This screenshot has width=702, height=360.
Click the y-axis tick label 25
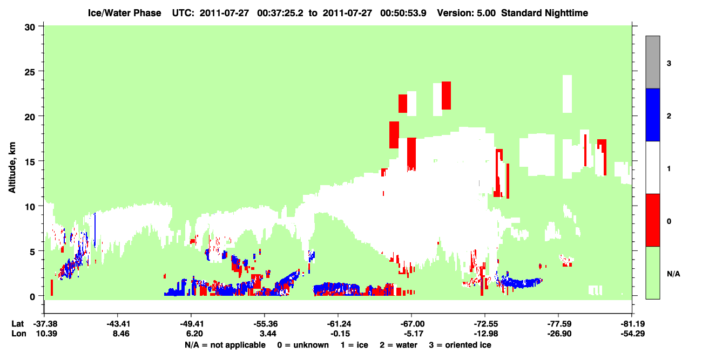coord(30,72)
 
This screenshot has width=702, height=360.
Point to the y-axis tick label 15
coord(30,162)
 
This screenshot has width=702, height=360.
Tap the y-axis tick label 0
coord(32,297)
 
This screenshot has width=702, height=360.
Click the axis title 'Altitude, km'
coord(12,167)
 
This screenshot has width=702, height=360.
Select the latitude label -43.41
coord(118,324)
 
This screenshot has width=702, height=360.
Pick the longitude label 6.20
coord(194,334)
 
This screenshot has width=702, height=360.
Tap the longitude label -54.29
coord(633,334)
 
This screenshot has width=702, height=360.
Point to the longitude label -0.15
coord(340,334)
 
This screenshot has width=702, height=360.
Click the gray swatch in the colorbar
coord(653,63)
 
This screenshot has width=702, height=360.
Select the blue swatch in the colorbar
coord(653,115)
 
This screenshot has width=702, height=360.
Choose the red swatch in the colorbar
coord(653,220)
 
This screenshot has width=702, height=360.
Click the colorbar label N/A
coord(673,274)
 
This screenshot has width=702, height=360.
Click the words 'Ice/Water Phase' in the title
coord(124,13)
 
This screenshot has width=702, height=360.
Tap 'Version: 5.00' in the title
coord(467,13)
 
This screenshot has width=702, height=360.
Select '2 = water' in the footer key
coord(399,345)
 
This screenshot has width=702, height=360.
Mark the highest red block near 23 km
coord(446,96)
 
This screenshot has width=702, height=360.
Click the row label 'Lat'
coord(17,324)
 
